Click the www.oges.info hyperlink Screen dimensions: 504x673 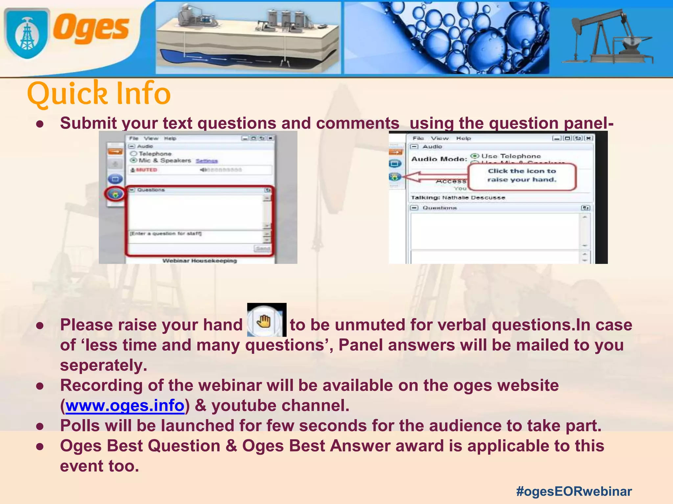[125, 406]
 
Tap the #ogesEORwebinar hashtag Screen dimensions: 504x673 [574, 491]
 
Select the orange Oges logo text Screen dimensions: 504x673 [91, 29]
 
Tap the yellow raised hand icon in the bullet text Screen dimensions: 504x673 [264, 321]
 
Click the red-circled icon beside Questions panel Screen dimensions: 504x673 [115, 194]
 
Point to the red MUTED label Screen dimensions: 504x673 [147, 170]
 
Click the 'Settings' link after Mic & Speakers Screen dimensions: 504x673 [207, 161]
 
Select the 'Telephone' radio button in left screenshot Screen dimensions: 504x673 [133, 154]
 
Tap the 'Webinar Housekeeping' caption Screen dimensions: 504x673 [199, 261]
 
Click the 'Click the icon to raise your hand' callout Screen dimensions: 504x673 [522, 176]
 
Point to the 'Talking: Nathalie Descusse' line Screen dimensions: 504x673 [458, 198]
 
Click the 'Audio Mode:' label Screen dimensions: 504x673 [439, 159]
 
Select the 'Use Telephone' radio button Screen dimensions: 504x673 [475, 156]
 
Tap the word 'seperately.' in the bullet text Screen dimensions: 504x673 [104, 365]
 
